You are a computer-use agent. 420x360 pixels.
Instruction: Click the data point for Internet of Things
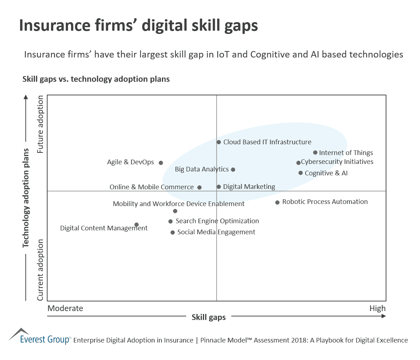pos(315,152)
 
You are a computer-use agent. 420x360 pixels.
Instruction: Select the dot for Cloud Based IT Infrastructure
pos(219,142)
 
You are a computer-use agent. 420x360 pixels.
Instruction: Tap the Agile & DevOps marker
pos(161,163)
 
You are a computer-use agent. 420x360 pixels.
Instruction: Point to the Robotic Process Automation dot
pos(277,202)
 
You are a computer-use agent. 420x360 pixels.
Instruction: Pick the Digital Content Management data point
pos(137,225)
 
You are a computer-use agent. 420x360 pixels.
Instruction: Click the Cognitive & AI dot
pos(301,173)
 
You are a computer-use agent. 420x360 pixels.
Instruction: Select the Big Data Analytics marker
pos(233,170)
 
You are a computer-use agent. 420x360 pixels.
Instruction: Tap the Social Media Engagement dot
pos(173,232)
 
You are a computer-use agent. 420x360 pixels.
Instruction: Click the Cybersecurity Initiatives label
pos(337,162)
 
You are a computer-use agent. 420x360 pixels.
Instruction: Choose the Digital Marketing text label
pos(249,187)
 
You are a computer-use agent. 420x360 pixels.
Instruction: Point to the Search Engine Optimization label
pos(217,221)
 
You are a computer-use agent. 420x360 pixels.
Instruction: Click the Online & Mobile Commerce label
pos(152,187)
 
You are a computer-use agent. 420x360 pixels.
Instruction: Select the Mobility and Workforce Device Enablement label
pos(179,204)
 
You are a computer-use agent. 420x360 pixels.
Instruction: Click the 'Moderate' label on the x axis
pos(65,308)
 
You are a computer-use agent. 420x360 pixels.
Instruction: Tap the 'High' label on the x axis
pos(377,308)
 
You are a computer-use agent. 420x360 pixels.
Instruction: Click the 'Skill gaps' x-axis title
pos(209,317)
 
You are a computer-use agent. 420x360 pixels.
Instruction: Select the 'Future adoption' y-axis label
pos(40,124)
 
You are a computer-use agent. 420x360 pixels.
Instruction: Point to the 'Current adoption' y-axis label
pos(40,270)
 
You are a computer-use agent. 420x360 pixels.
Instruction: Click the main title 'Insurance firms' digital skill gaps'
pos(138,26)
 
